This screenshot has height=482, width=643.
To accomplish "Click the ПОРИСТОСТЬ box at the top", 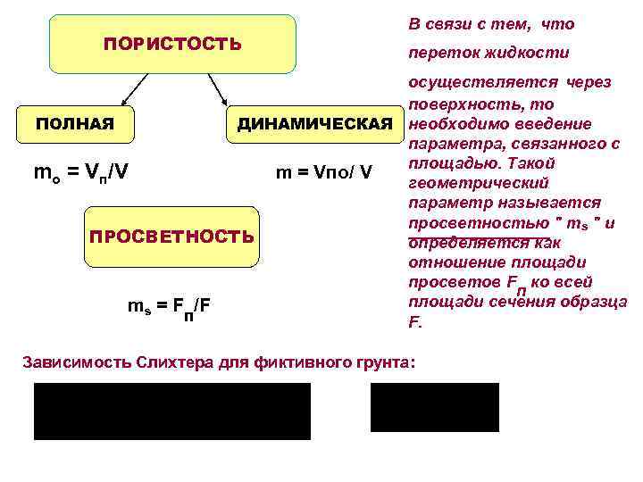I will click(172, 44).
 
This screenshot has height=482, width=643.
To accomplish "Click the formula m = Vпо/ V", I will click(323, 170).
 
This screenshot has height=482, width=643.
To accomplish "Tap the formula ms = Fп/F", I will click(170, 307).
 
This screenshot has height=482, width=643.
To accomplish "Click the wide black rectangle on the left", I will click(172, 411).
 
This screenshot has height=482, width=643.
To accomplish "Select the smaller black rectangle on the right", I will click(434, 407).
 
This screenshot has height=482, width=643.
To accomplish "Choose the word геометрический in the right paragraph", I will click(464, 184).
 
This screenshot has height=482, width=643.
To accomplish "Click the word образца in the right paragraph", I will click(595, 302).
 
